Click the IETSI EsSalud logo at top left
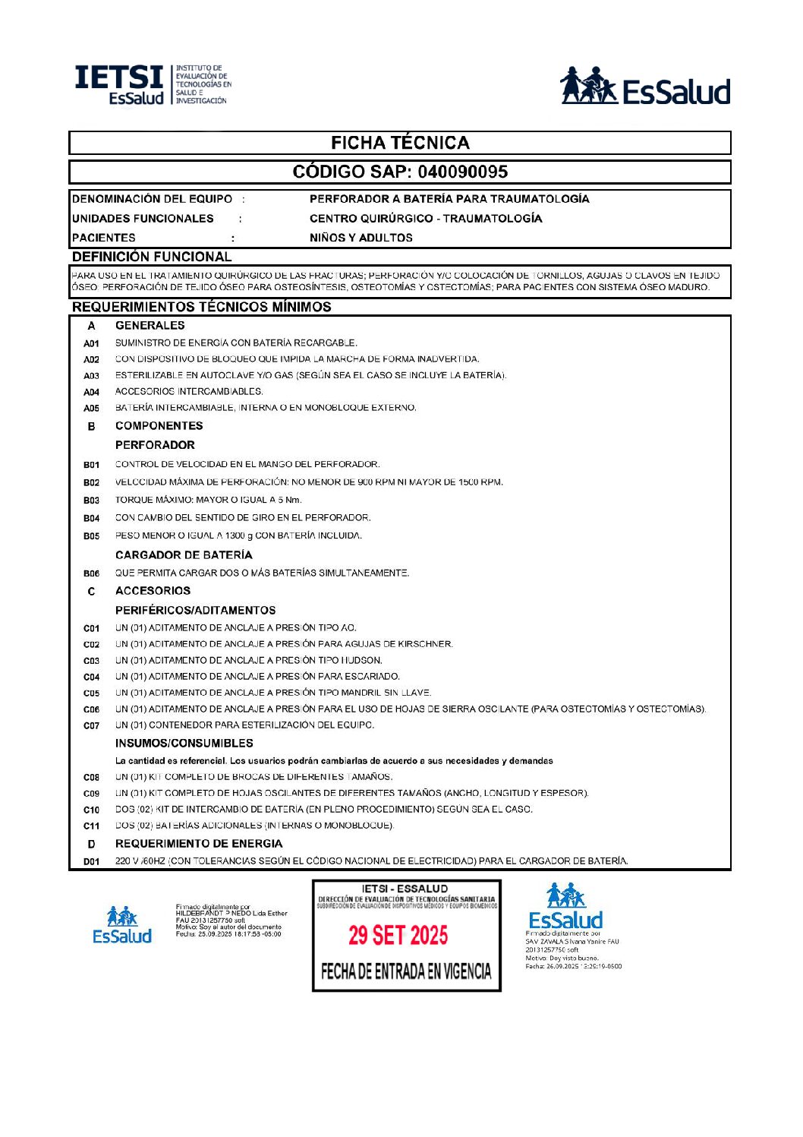tap(152, 85)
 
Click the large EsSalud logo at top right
tap(644, 86)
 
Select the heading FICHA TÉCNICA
tap(400, 143)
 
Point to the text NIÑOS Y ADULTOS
tap(361, 238)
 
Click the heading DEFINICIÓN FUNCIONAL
tap(152, 257)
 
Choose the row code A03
tap(91, 376)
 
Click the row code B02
tap(91, 482)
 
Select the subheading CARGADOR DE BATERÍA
tap(184, 555)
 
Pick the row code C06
tap(91, 709)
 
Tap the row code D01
tap(91, 861)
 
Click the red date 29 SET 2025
tap(398, 935)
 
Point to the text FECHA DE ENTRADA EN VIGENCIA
tap(406, 971)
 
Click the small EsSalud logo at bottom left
tap(121, 924)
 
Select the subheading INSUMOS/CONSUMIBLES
tap(184, 743)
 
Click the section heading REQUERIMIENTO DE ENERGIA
tap(199, 844)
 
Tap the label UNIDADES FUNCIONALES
tap(143, 219)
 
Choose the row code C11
tap(91, 826)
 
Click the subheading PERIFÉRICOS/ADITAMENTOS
tap(196, 610)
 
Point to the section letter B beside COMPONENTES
tap(91, 426)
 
